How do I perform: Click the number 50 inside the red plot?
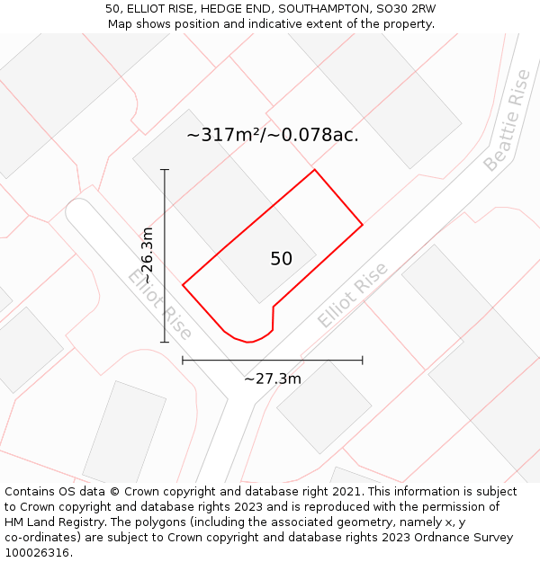coord(281,259)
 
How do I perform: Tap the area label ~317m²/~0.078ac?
coord(273,136)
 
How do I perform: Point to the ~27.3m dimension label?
coord(273,379)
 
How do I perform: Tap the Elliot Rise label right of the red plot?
coord(352,295)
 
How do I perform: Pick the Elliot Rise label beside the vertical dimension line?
coord(160,303)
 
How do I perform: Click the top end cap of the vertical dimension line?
coord(165,169)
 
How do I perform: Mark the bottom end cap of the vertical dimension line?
coord(165,342)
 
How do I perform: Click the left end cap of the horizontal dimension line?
coord(183,360)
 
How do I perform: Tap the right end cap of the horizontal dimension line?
coord(363,360)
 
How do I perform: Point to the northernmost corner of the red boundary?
coord(314,170)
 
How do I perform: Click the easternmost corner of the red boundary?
coord(363,224)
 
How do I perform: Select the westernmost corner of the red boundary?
coord(183,285)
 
